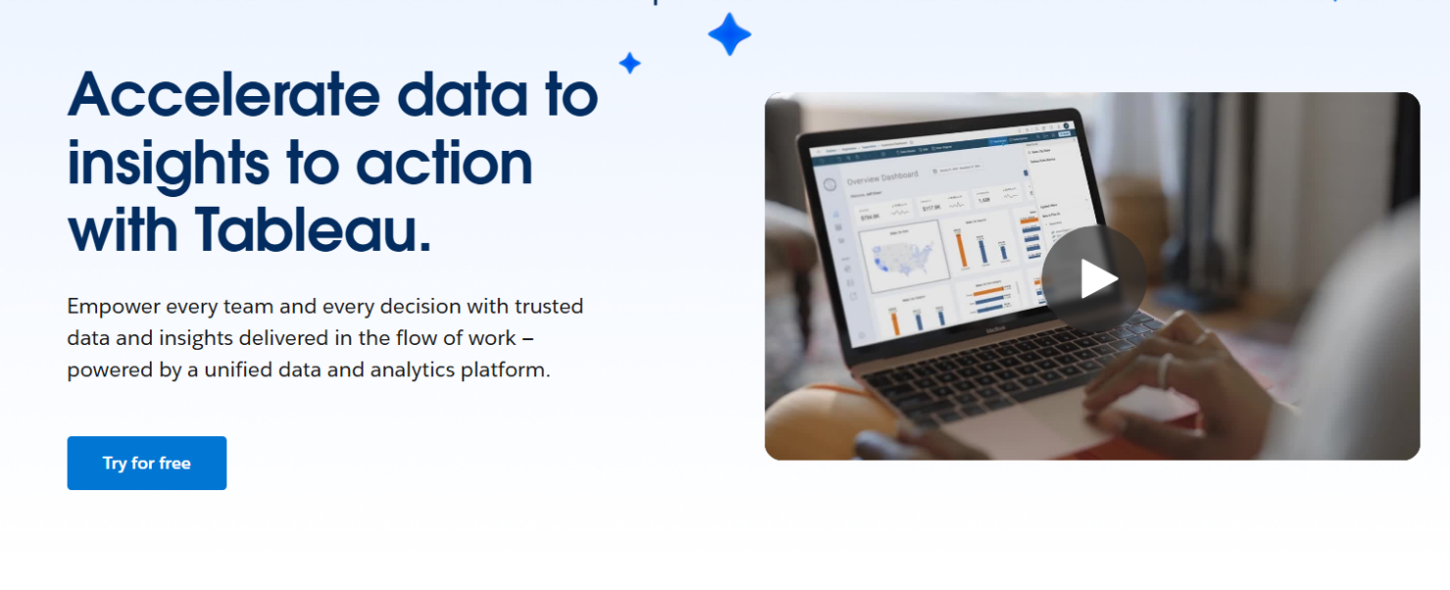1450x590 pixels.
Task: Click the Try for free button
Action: (146, 463)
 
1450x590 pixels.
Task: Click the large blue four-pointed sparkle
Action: (729, 34)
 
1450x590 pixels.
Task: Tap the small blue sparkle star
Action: (629, 64)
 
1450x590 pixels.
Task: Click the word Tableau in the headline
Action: (313, 229)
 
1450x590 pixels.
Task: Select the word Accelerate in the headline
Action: (223, 95)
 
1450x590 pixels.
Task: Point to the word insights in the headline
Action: (167, 163)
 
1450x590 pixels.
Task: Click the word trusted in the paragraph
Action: (549, 306)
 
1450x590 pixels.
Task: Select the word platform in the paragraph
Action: (507, 370)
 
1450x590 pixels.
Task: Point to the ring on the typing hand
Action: (1165, 369)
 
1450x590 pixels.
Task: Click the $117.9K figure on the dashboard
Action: (931, 208)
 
